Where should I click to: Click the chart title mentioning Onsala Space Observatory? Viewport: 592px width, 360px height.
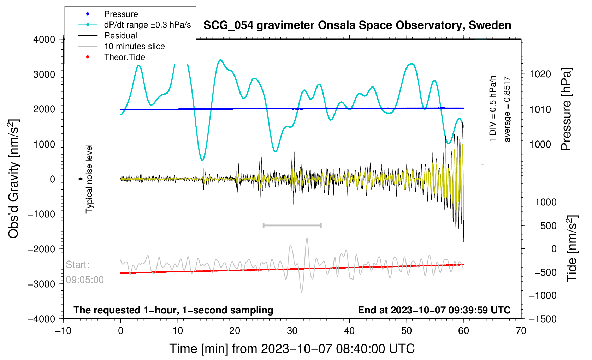point(357,25)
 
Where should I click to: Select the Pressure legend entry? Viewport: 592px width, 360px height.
point(121,14)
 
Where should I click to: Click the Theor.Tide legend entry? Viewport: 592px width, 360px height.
point(124,57)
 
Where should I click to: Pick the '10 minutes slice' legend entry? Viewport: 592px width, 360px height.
point(134,46)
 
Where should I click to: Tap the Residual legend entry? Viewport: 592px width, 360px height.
point(120,36)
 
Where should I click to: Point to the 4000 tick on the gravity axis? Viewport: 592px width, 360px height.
point(44,40)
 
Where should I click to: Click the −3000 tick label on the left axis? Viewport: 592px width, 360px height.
point(42,284)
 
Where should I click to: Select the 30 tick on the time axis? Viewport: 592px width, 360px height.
point(292,331)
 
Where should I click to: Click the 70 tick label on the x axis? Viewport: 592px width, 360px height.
point(521,331)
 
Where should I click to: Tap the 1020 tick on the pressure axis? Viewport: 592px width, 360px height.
point(540,74)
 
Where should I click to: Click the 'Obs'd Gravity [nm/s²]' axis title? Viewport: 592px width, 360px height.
point(14,179)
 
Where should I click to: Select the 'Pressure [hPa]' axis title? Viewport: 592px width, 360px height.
point(566,109)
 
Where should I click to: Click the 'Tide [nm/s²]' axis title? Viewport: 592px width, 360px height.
point(572,248)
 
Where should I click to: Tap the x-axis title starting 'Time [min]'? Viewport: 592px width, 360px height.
point(292,349)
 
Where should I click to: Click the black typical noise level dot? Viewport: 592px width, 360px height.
point(80,179)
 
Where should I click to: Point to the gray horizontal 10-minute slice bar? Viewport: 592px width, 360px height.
point(292,225)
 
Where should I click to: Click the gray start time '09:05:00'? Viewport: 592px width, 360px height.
point(85,280)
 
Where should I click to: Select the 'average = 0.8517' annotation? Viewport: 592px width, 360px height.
point(507,109)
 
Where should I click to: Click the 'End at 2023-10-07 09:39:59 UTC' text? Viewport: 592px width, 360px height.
point(434,310)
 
